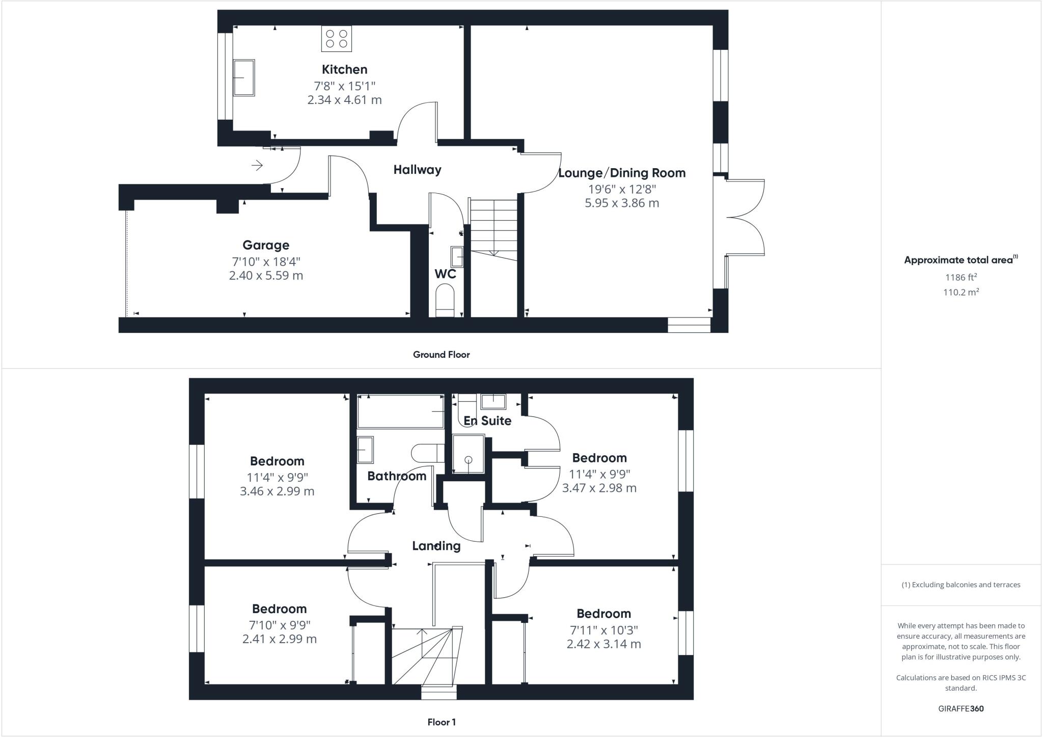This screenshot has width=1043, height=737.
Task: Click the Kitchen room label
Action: [344, 69]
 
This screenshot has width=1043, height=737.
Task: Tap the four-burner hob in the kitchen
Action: [336, 39]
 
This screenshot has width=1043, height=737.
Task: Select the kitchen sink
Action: [243, 77]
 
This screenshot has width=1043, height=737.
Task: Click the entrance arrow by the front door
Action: [257, 165]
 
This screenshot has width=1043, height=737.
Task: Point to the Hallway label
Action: [417, 170]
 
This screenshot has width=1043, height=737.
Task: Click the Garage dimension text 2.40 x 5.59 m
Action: [266, 276]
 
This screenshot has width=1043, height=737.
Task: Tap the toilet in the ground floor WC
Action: [445, 301]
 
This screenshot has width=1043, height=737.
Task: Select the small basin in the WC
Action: [457, 256]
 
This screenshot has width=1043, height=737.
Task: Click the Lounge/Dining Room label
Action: [622, 173]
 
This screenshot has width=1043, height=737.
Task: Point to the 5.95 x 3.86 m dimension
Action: [622, 203]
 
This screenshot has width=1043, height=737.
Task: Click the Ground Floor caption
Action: [441, 355]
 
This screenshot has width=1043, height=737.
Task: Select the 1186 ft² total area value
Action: [961, 277]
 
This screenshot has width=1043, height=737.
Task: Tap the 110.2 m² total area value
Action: [961, 292]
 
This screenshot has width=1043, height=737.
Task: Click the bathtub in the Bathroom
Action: [401, 411]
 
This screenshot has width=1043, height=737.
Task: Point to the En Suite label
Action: [487, 420]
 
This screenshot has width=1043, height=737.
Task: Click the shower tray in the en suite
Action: [468, 454]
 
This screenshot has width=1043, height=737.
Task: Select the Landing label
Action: [436, 546]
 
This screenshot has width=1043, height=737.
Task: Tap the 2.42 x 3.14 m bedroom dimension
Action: [603, 644]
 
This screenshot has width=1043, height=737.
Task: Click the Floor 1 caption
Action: [441, 722]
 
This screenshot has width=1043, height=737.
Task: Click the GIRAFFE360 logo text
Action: [960, 708]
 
